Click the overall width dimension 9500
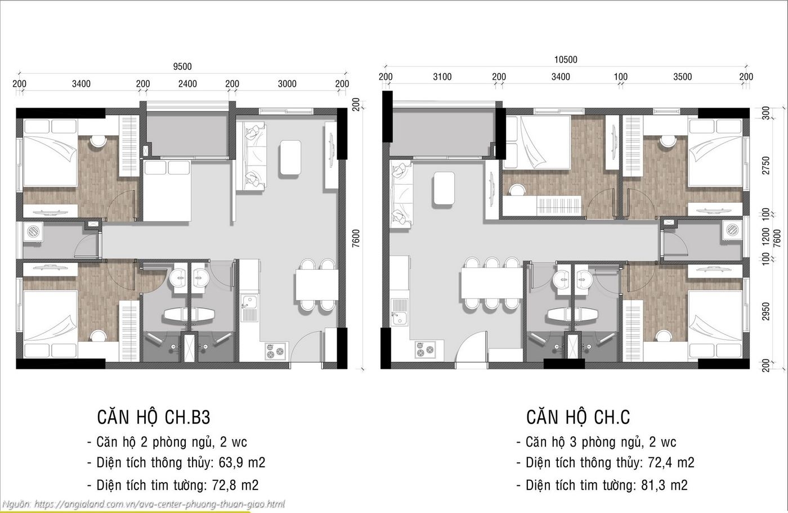tap(182, 66)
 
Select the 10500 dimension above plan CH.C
tap(565, 60)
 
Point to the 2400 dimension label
tap(187, 84)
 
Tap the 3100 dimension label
tap(442, 77)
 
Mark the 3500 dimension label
tap(682, 77)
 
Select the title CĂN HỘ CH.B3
tap(154, 417)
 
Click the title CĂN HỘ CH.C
tap(578, 417)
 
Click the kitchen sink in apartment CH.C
tap(400, 313)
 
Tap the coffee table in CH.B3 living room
tap(291, 158)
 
